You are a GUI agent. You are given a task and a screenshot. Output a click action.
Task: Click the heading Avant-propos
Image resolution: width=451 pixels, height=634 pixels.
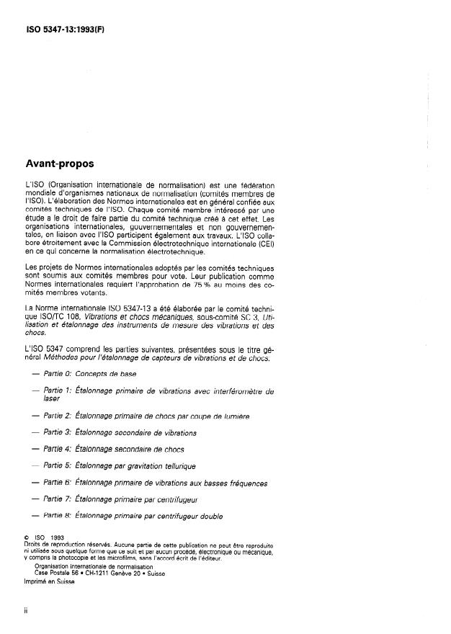(59, 164)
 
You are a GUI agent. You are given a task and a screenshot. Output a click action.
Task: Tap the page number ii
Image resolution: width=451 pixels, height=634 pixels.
(27, 610)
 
